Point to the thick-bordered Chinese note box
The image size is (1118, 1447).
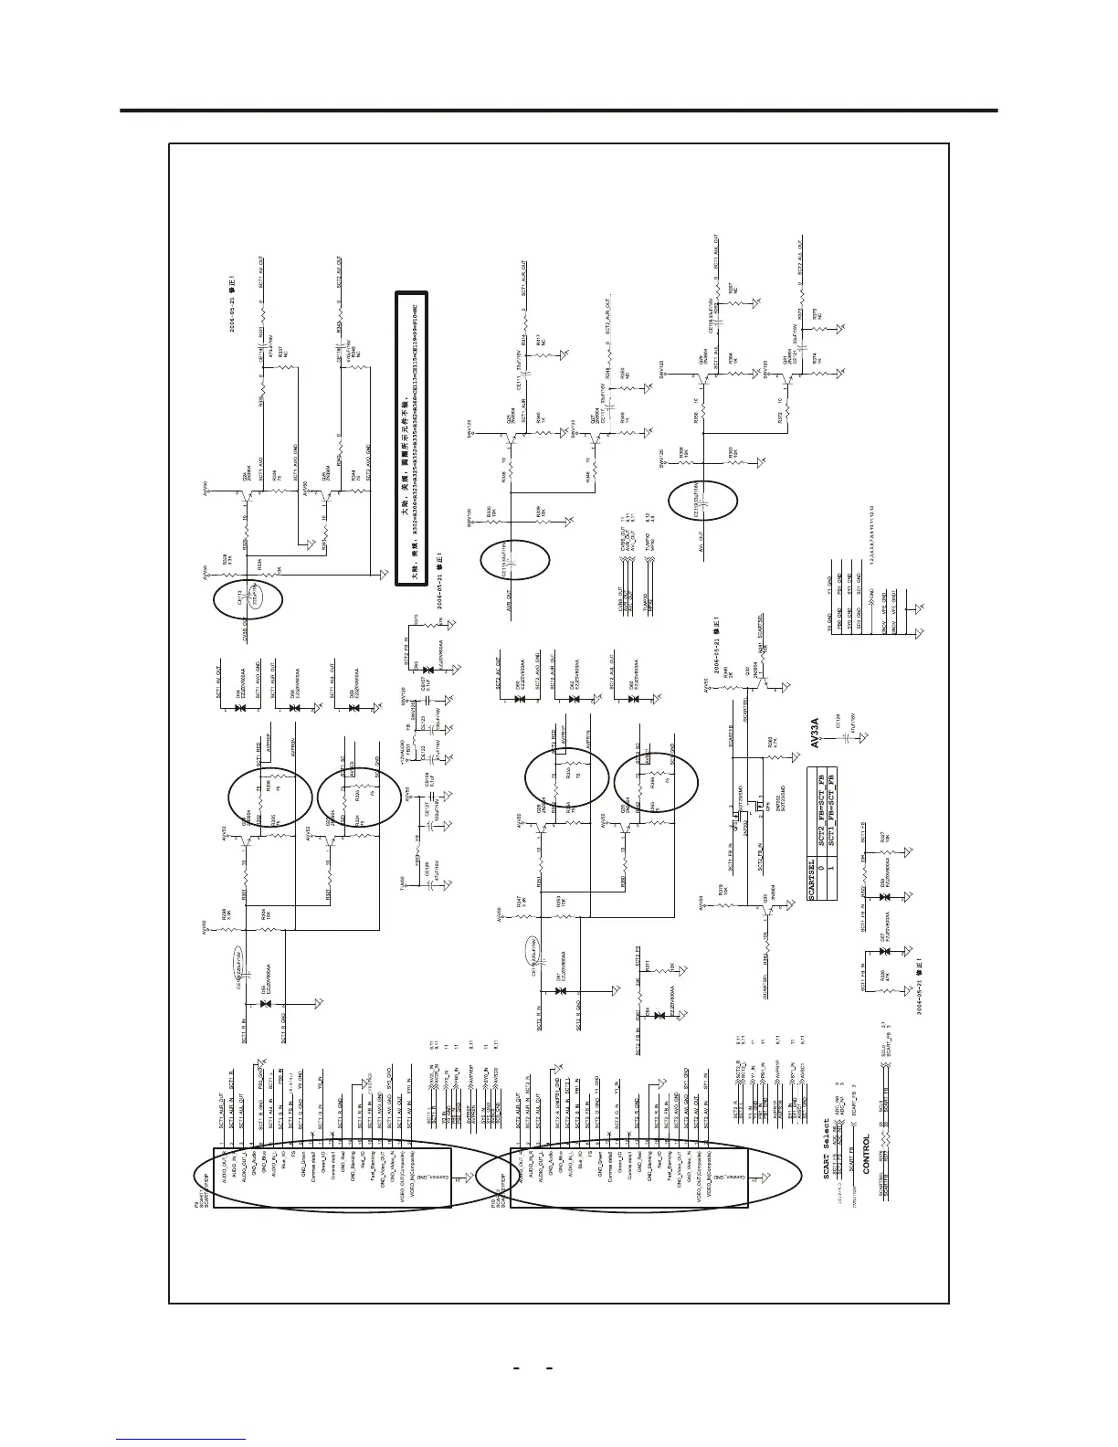[x=412, y=439]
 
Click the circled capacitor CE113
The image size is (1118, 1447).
[x=249, y=598]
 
